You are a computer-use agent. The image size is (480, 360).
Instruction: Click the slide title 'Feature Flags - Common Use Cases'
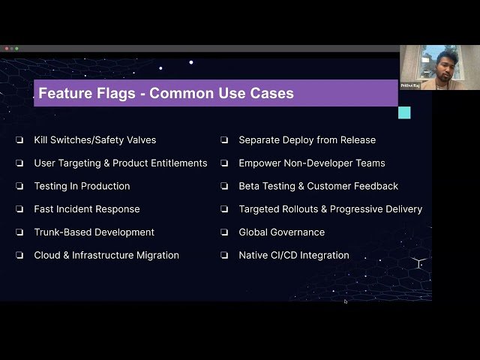(166, 94)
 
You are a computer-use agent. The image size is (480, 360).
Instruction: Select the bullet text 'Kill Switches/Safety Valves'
(95, 140)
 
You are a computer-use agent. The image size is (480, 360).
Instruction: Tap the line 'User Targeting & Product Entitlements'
(121, 163)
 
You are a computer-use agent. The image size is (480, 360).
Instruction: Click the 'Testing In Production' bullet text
(82, 186)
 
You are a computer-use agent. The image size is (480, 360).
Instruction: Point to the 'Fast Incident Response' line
(87, 209)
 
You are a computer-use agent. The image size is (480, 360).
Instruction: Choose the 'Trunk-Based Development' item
(94, 232)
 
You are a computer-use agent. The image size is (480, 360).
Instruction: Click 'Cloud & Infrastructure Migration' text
(106, 256)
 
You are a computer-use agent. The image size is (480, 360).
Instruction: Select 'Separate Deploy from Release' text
(307, 140)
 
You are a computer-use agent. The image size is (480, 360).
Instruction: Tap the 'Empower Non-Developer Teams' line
(312, 163)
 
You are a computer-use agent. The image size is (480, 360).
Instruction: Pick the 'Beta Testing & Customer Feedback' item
(319, 186)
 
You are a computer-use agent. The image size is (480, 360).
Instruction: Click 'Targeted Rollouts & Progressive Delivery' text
(331, 209)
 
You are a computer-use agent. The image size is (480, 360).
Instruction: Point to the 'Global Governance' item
(282, 232)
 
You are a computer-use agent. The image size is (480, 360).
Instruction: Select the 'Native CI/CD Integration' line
(294, 256)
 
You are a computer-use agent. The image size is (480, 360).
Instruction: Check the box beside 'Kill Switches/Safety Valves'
(19, 140)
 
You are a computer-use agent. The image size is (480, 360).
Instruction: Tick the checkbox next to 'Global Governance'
(223, 232)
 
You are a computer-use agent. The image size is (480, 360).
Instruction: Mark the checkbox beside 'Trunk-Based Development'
(19, 232)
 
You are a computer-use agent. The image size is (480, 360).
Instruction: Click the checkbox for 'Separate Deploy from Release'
(223, 140)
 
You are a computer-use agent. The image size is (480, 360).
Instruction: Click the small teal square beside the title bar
(404, 112)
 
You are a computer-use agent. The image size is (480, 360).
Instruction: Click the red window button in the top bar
(6, 49)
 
